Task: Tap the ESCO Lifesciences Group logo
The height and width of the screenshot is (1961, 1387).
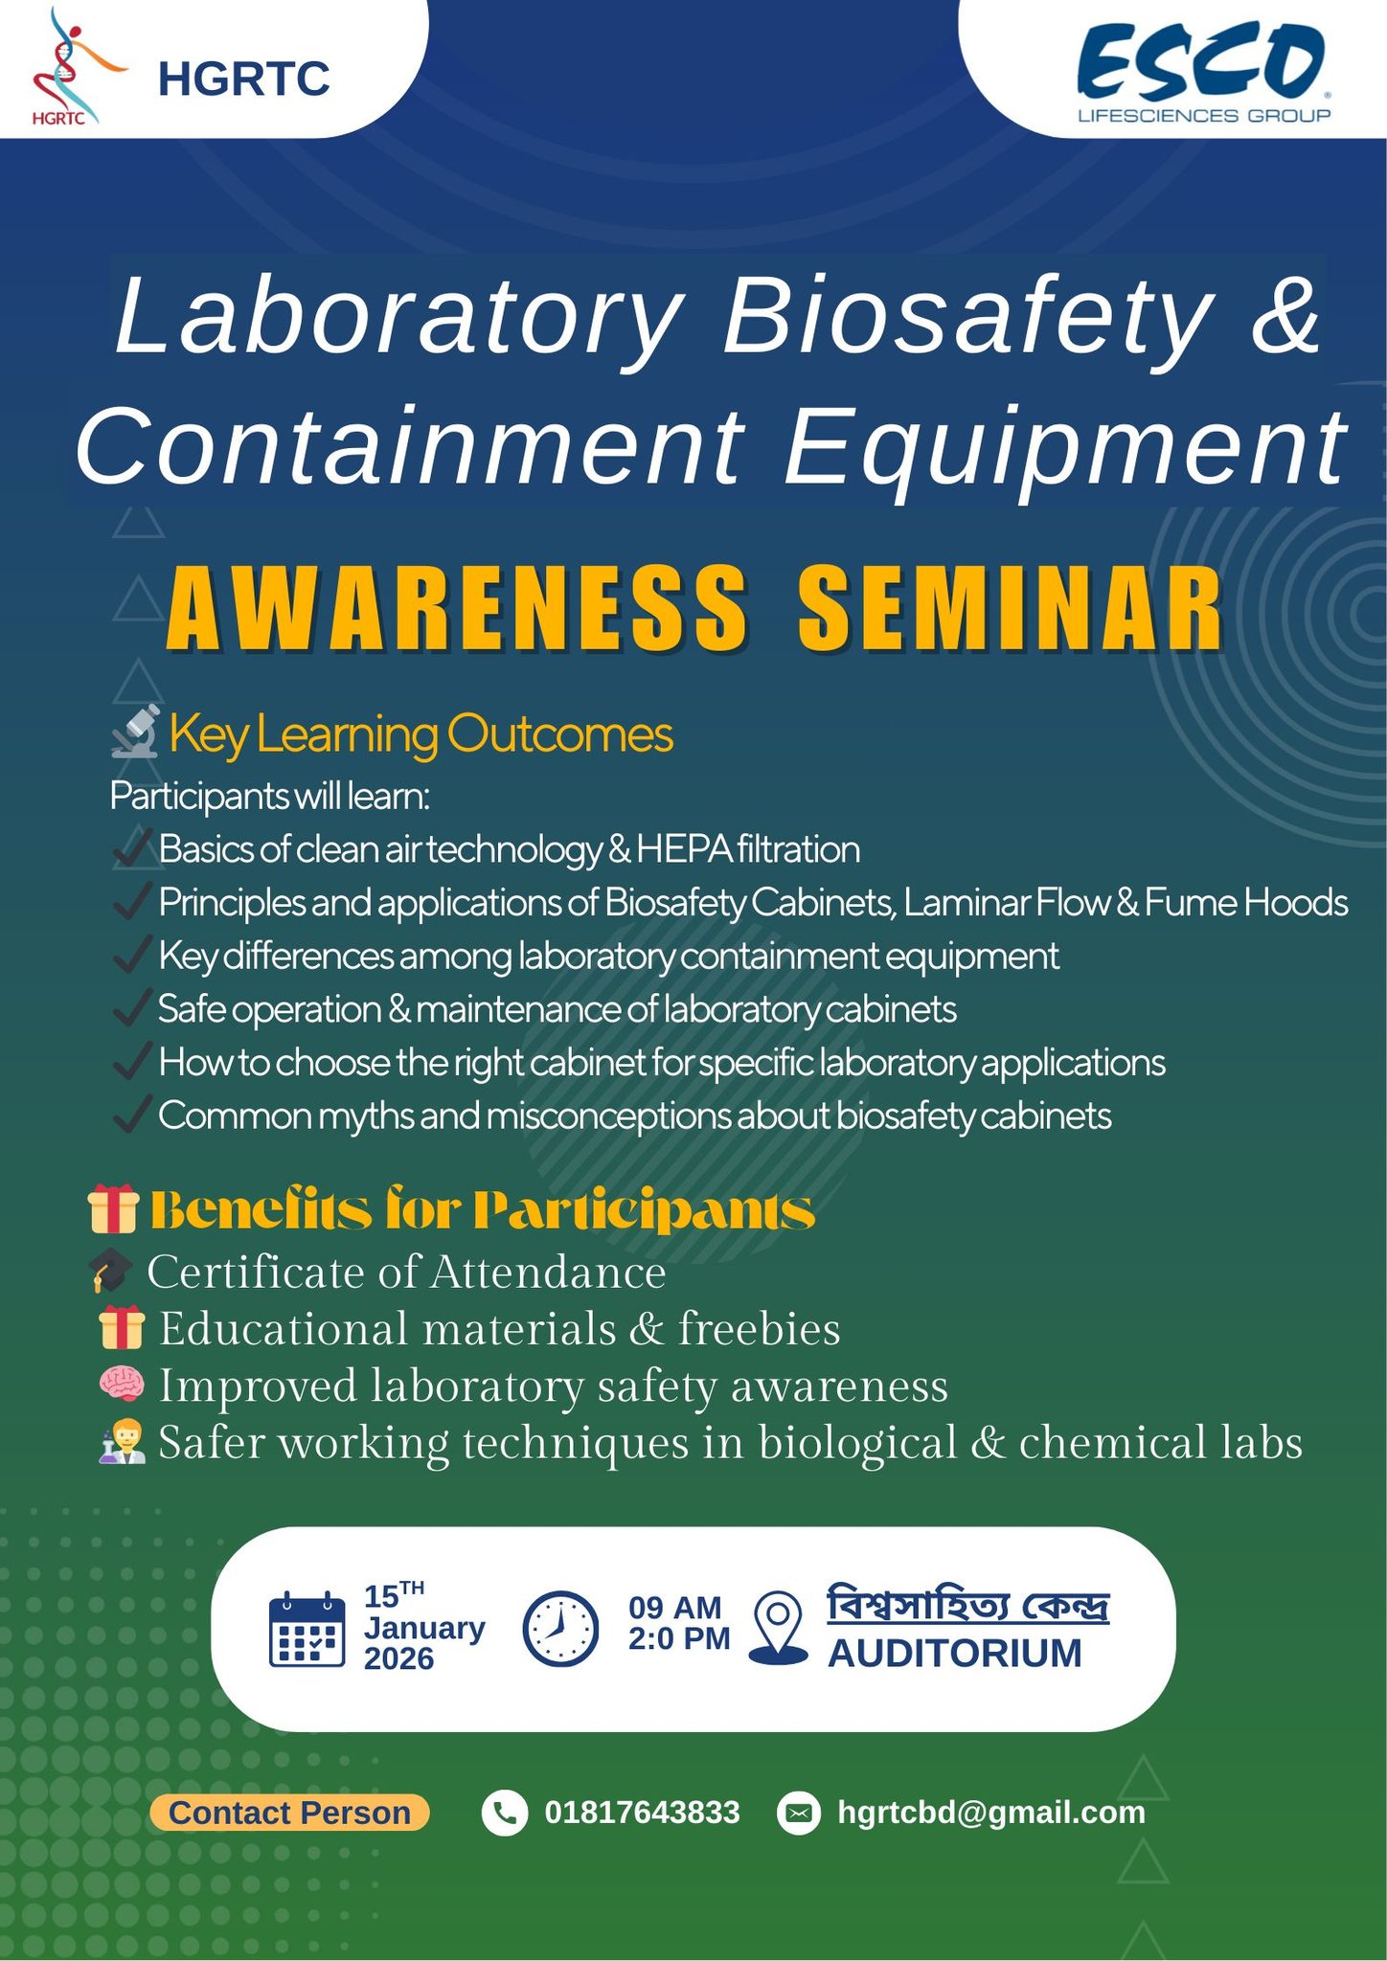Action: (x=1203, y=73)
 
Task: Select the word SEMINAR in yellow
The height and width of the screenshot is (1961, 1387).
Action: (x=1011, y=609)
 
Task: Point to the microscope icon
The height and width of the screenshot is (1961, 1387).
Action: (x=135, y=733)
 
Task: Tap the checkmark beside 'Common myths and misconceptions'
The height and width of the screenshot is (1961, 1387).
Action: (x=130, y=1115)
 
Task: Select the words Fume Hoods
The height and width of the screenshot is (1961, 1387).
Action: (x=1245, y=903)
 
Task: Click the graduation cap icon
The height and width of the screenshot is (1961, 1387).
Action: (x=110, y=1271)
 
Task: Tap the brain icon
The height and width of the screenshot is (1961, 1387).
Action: (x=122, y=1385)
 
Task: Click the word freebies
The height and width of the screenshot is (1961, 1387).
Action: (x=759, y=1329)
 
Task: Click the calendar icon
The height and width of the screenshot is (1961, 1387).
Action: (x=307, y=1630)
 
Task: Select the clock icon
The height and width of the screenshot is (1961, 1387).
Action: (x=560, y=1629)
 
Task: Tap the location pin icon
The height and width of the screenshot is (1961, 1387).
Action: (x=779, y=1628)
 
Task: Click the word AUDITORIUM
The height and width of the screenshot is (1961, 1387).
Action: (x=954, y=1654)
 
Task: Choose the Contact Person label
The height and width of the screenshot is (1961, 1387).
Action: (x=289, y=1813)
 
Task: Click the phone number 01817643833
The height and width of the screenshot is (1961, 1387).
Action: (x=642, y=1813)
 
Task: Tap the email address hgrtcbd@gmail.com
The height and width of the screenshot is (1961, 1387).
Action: (x=990, y=1813)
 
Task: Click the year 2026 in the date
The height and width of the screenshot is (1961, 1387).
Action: (x=398, y=1658)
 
